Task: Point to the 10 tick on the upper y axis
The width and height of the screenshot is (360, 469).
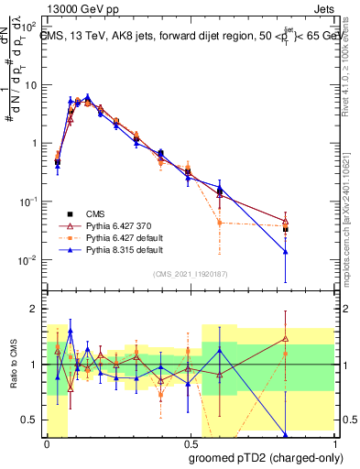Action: coord(31,85)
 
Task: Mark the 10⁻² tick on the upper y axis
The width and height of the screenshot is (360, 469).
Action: coord(29,259)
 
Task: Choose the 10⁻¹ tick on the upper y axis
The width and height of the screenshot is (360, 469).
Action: coord(29,202)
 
